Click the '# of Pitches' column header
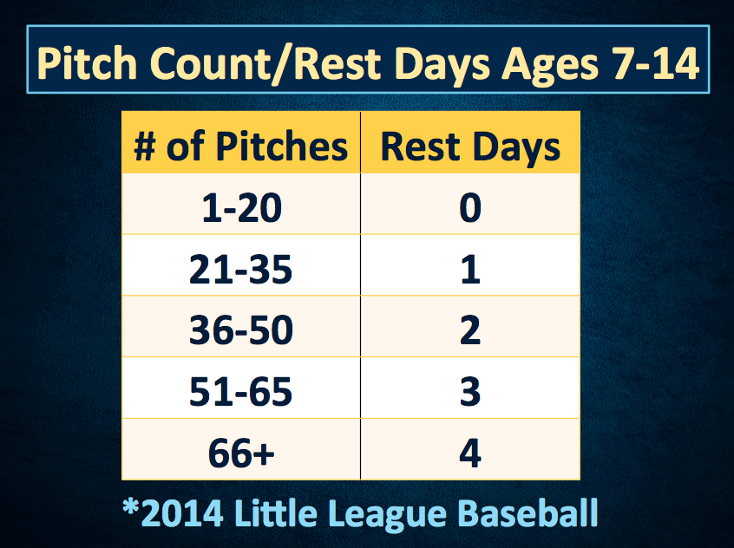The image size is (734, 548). pos(240,147)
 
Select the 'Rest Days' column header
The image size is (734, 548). pos(470,147)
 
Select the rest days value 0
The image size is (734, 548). pos(470,208)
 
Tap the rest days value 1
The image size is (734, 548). pos(470,270)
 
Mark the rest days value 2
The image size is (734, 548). pos(470,330)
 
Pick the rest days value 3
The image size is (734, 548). pos(470,391)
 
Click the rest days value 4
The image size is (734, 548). pos(470,453)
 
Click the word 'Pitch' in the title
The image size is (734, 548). pos(87,63)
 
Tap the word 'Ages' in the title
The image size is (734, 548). pos(550,67)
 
